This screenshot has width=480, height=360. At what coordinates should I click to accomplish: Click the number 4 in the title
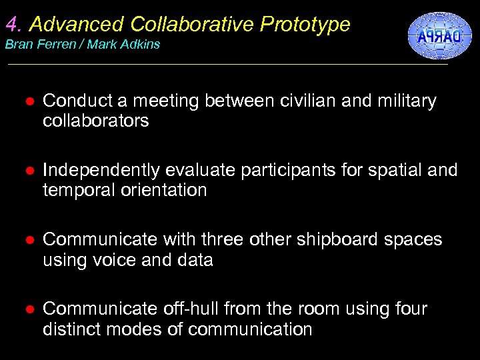point(12,25)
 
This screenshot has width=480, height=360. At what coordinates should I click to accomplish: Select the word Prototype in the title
point(305,25)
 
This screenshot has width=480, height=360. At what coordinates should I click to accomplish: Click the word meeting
point(167,101)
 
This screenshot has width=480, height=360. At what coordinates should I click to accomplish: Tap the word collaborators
point(95,121)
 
